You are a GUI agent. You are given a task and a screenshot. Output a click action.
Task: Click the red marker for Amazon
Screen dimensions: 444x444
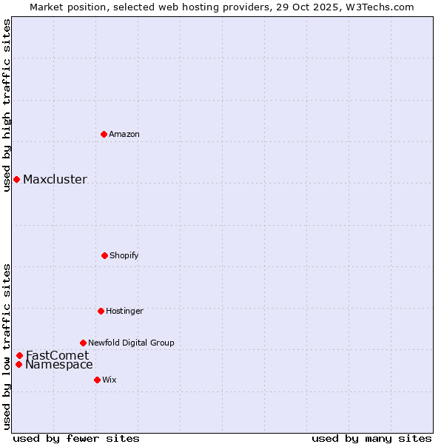point(104,134)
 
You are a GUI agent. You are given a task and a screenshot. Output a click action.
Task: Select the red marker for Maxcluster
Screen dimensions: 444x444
point(16,179)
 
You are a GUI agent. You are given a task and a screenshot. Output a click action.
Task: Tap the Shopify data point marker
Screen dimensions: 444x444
point(104,255)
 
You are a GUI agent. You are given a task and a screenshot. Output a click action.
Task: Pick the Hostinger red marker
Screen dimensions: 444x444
point(101,311)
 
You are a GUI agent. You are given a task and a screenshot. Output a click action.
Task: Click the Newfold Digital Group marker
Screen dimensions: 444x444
point(83,343)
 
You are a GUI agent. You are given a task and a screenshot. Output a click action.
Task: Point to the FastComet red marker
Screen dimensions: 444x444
point(19,355)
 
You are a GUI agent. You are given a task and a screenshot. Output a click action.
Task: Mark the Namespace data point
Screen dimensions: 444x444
point(18,364)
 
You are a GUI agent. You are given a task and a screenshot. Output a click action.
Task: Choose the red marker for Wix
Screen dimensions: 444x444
point(97,380)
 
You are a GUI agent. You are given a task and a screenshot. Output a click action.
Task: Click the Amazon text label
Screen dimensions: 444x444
point(124,134)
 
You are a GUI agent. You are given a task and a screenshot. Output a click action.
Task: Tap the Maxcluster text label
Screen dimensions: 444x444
point(55,179)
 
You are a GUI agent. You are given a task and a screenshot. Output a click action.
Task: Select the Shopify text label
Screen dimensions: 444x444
point(124,255)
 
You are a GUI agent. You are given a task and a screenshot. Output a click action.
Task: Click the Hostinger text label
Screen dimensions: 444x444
point(124,311)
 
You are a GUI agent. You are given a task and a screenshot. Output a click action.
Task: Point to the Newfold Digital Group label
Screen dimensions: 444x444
point(131,343)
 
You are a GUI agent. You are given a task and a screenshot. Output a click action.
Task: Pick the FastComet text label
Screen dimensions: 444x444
point(57,355)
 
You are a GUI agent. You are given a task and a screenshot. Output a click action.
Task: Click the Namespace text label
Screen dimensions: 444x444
point(59,364)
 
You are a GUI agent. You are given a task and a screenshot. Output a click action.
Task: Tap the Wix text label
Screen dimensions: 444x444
point(110,380)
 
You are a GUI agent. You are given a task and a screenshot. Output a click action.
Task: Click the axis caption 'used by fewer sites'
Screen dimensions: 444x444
point(76,438)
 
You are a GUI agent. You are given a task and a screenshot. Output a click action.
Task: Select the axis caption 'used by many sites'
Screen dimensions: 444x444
point(371,438)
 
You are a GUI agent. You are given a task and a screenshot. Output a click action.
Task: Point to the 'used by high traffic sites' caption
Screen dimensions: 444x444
point(7,105)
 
